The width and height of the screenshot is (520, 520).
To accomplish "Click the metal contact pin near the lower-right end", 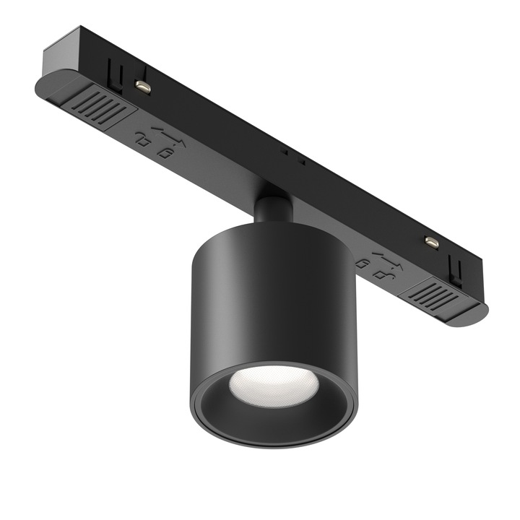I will tap(431, 243).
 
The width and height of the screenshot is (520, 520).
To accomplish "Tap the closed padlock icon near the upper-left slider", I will tap(165, 152).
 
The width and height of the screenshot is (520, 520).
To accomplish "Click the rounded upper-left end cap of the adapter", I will tap(45, 87).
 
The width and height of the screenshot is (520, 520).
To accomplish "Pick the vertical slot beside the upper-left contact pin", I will tap(113, 71).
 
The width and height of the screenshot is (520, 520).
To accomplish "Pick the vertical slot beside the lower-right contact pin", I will tap(454, 269).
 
